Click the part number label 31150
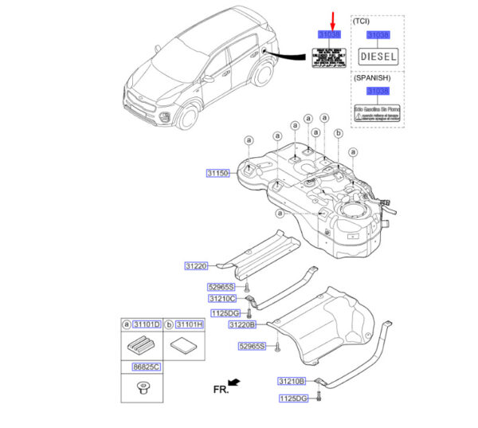click(218, 173)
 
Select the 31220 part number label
click(196, 267)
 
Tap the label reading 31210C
click(222, 298)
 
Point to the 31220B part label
click(242, 325)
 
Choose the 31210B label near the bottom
click(292, 381)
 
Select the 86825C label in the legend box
click(147, 367)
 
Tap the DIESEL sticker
click(378, 57)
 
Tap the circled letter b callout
click(338, 134)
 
